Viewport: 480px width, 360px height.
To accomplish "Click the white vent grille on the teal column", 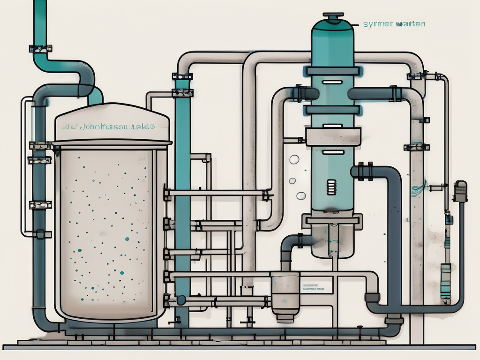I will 332,188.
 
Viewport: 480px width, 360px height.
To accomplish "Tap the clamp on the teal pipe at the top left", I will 40,48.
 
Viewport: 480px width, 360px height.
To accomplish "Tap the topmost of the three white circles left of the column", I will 294,160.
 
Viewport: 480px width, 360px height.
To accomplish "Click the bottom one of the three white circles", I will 300,196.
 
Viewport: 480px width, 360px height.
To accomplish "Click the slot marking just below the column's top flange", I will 332,82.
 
